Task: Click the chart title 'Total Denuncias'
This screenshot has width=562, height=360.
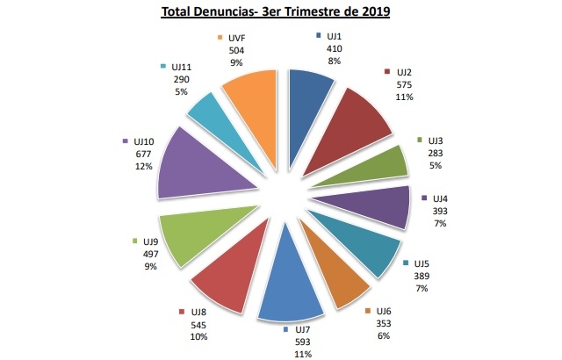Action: point(277,12)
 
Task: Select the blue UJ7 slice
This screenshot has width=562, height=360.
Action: point(285,294)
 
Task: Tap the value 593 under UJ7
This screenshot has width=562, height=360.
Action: point(302,342)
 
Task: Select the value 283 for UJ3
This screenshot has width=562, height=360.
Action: point(436,153)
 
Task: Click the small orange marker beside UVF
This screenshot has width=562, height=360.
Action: point(221,39)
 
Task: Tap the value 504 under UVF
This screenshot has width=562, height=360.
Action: point(236,51)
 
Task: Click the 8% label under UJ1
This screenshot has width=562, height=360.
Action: point(334,61)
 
